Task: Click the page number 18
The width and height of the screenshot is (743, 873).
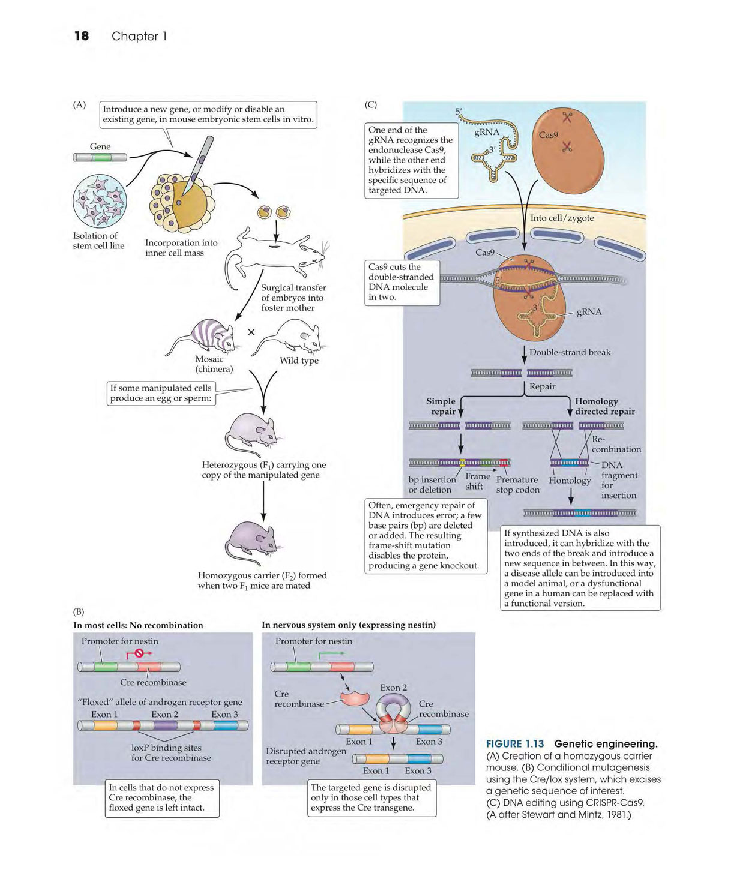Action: [x=82, y=36]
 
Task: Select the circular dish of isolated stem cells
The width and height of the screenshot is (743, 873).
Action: [x=100, y=201]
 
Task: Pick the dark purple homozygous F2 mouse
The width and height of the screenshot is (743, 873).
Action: [x=253, y=543]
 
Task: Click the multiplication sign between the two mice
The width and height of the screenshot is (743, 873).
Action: [x=251, y=332]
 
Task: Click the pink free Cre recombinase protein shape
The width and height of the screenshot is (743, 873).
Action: [x=355, y=698]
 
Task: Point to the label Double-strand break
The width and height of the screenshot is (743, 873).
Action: [x=570, y=352]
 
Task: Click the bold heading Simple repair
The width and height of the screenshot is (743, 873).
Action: [x=441, y=406]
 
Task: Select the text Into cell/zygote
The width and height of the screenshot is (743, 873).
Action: [x=562, y=218]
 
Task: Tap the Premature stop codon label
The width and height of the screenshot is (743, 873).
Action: [x=517, y=485]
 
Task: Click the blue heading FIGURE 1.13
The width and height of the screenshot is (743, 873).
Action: [x=514, y=744]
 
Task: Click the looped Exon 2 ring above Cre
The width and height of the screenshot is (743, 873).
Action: [x=393, y=706]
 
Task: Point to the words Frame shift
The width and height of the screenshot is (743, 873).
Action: [x=477, y=481]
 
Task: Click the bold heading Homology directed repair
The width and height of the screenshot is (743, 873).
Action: [x=604, y=406]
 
